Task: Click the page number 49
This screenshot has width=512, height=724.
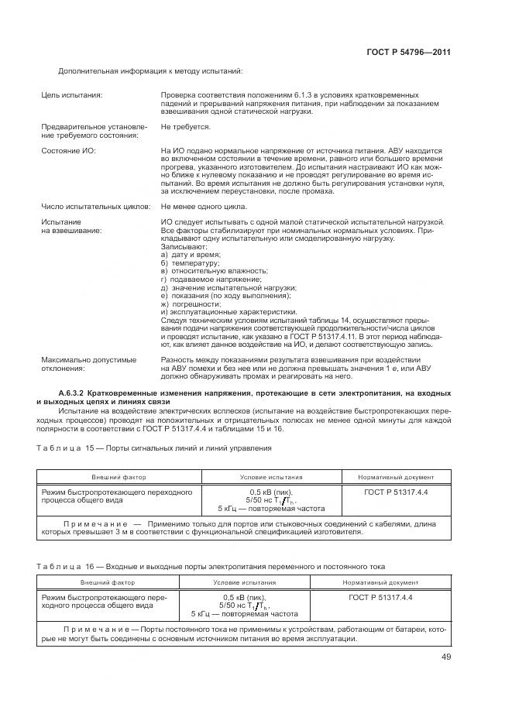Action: (x=446, y=657)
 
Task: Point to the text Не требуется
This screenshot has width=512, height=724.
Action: (x=186, y=125)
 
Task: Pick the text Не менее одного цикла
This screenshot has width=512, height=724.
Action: (x=204, y=207)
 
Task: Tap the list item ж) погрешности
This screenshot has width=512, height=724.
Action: (x=187, y=304)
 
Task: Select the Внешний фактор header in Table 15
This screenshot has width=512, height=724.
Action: (x=119, y=478)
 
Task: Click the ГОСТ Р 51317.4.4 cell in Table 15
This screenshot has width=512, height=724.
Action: (x=396, y=492)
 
